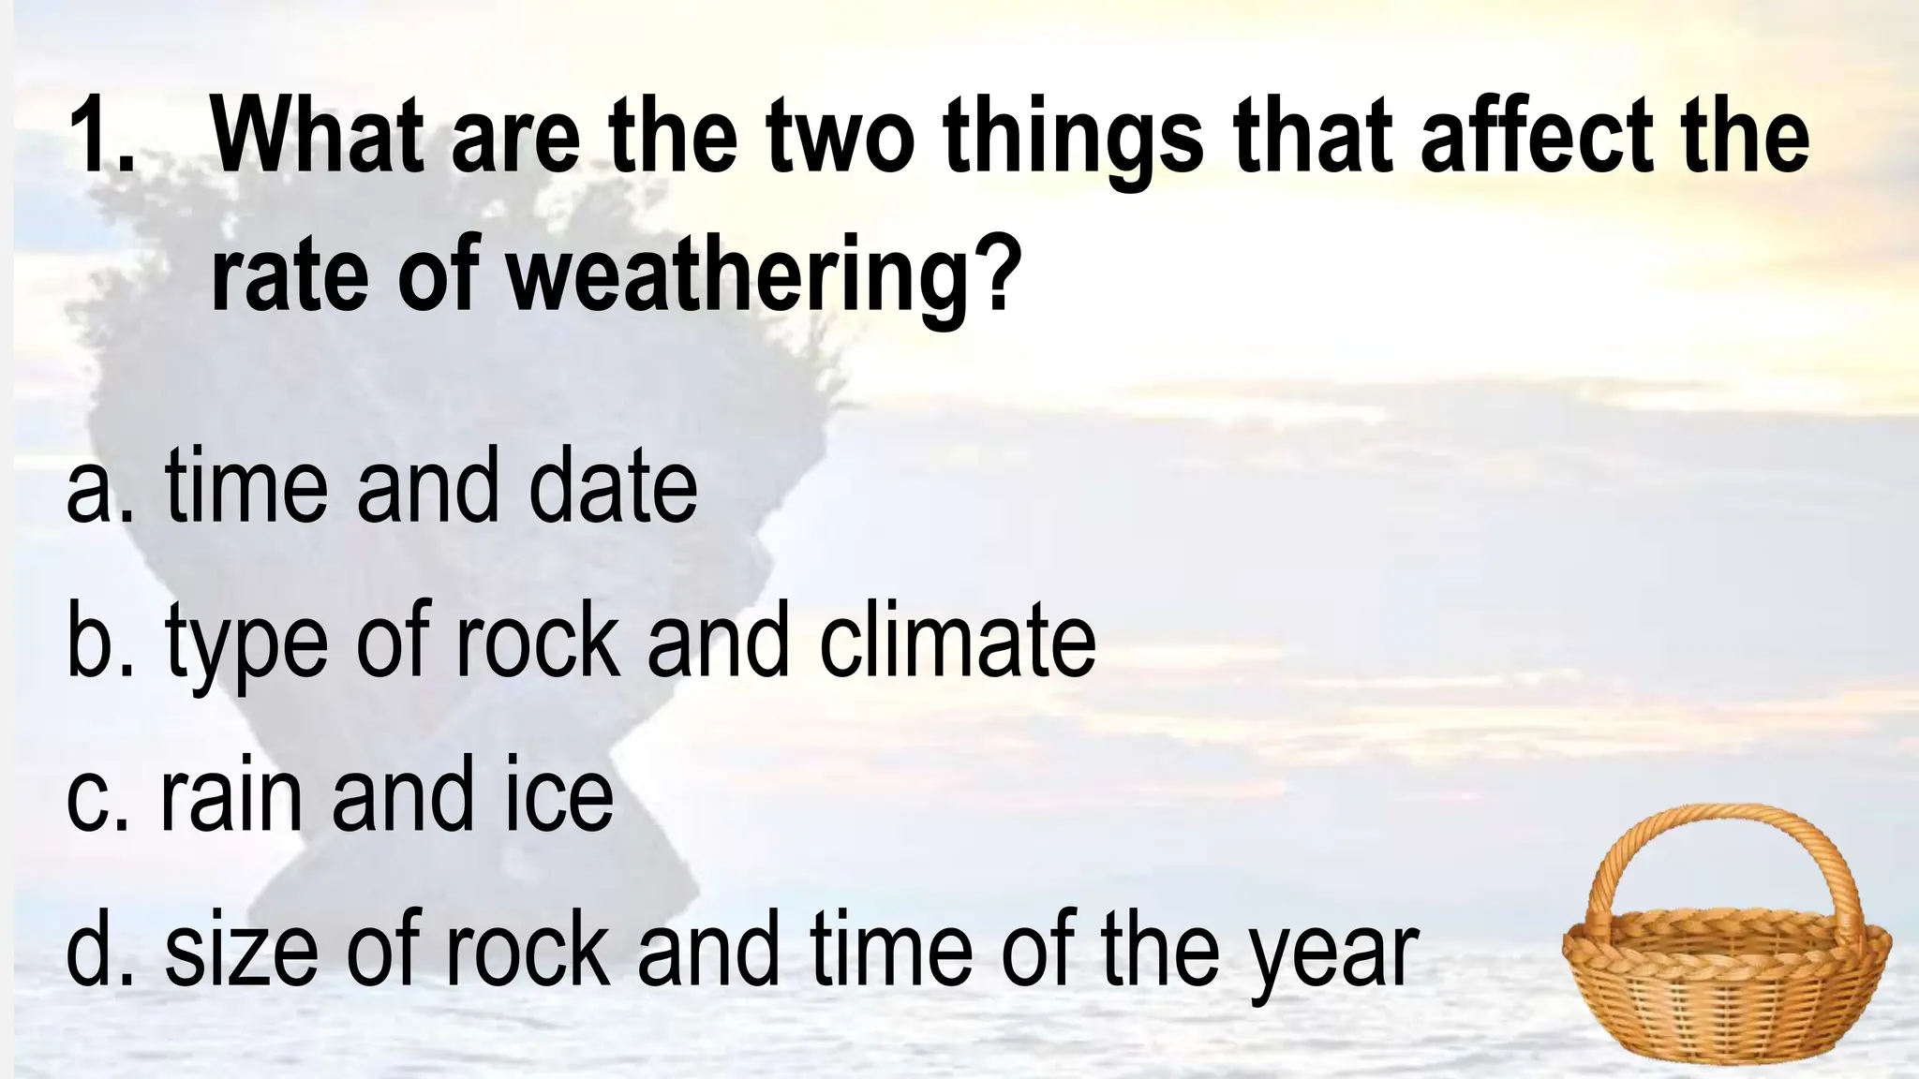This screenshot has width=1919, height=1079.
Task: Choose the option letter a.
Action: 89,491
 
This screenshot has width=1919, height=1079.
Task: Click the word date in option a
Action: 613,487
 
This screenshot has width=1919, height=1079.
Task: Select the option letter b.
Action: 90,642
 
